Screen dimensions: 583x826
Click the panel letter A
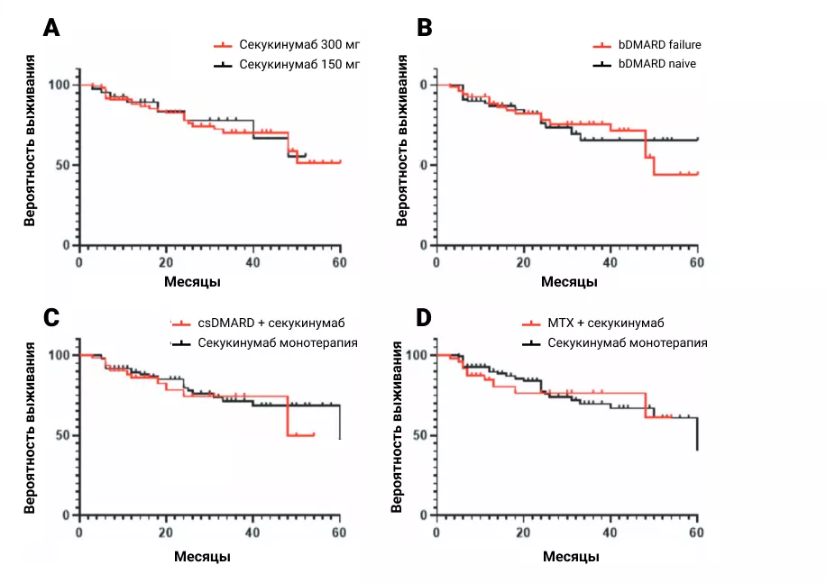[52, 29]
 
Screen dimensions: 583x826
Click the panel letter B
[425, 29]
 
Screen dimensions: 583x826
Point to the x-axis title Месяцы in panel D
[569, 557]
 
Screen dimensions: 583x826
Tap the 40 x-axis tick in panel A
[252, 262]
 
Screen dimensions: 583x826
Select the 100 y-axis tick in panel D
[418, 355]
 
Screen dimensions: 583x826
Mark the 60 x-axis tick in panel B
[696, 262]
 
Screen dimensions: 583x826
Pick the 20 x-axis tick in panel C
[166, 533]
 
